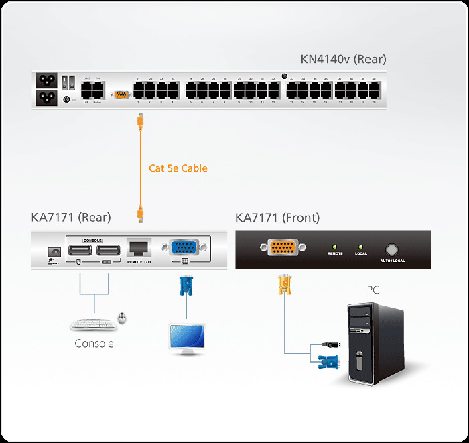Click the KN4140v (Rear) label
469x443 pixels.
343,59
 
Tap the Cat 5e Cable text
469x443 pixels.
178,168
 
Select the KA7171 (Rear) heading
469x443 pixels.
71,217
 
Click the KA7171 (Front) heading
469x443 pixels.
277,217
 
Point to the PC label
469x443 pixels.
373,290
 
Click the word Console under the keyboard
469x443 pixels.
94,344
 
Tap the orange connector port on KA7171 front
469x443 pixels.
282,248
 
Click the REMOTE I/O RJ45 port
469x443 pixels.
139,248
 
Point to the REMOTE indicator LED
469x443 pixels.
335,247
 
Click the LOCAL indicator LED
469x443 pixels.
360,247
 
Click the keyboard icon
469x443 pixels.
92,324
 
